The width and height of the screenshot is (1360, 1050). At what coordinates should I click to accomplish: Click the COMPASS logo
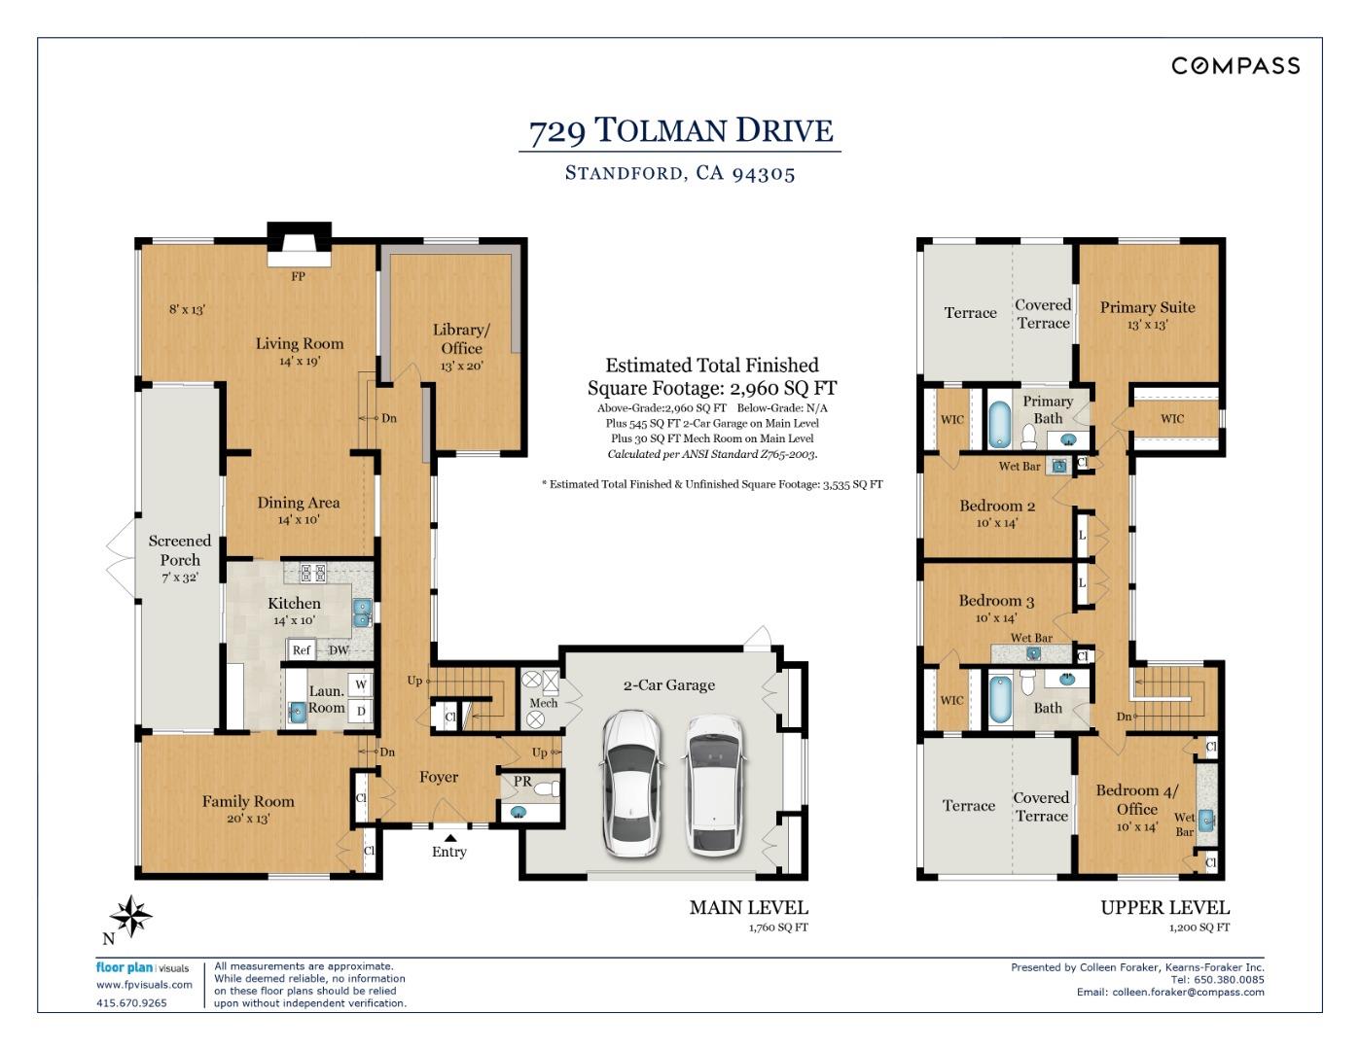coord(1235,65)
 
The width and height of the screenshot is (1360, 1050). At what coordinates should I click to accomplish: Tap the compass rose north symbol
coord(130,917)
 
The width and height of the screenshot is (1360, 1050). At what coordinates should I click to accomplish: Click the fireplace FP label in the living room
coord(298,276)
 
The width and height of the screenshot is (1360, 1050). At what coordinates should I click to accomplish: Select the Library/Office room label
coord(461,339)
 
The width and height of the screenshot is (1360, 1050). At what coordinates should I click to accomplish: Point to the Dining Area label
coord(298,503)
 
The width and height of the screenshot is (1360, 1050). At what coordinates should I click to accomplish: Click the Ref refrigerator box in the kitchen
coord(302,650)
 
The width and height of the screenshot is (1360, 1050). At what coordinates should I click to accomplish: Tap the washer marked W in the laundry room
coord(361,684)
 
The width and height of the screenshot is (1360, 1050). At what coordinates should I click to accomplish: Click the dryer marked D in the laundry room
coord(361,711)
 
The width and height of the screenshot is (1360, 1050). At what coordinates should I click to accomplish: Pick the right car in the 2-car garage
coord(715,786)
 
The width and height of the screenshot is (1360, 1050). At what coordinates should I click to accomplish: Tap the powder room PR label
coord(522,781)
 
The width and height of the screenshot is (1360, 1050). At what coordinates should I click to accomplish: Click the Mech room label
coord(543,703)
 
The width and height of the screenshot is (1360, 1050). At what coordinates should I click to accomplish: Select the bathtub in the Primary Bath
coord(1000,424)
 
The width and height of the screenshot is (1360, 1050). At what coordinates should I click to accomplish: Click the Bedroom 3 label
coord(996,601)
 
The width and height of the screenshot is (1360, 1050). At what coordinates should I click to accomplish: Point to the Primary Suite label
coord(1147,307)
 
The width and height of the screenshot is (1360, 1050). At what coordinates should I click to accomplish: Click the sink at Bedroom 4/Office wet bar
coord(1206,819)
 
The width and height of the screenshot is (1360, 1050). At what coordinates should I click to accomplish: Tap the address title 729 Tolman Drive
coord(680,130)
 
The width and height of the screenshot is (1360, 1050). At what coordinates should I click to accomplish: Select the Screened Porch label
coord(180,550)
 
